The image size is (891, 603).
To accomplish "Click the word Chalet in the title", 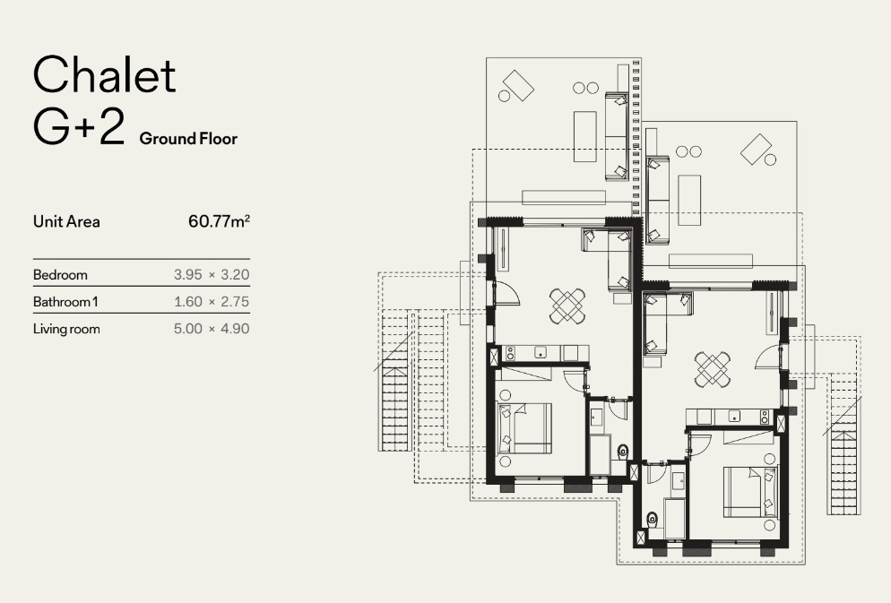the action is click(x=105, y=74).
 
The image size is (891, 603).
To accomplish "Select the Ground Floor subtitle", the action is click(x=188, y=139).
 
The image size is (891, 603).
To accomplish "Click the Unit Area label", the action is click(x=66, y=221).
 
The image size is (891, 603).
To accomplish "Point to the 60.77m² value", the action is click(x=220, y=221).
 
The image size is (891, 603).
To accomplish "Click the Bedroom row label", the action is click(x=60, y=275).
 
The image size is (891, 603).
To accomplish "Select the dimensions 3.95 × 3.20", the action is click(x=212, y=275).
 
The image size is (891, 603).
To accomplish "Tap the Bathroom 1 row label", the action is click(x=65, y=301).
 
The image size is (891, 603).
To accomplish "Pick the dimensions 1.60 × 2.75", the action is click(x=212, y=301).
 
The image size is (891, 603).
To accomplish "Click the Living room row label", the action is click(x=66, y=330).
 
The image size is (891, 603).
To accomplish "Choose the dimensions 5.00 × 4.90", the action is click(x=212, y=328).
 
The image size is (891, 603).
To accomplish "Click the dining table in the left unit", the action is click(x=567, y=306).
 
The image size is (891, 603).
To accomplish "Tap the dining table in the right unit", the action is click(x=713, y=370).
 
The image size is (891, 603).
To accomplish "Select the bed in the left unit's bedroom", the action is click(x=524, y=427).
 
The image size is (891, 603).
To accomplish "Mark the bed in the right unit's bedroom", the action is click(x=750, y=492).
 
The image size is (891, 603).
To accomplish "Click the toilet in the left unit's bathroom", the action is click(x=623, y=452).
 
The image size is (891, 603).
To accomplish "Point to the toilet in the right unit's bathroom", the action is click(x=653, y=519).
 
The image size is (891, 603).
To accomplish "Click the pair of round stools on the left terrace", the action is click(x=586, y=88).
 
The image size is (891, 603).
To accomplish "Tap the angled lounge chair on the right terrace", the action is click(x=756, y=149).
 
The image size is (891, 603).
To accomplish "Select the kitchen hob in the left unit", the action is click(x=510, y=353).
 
